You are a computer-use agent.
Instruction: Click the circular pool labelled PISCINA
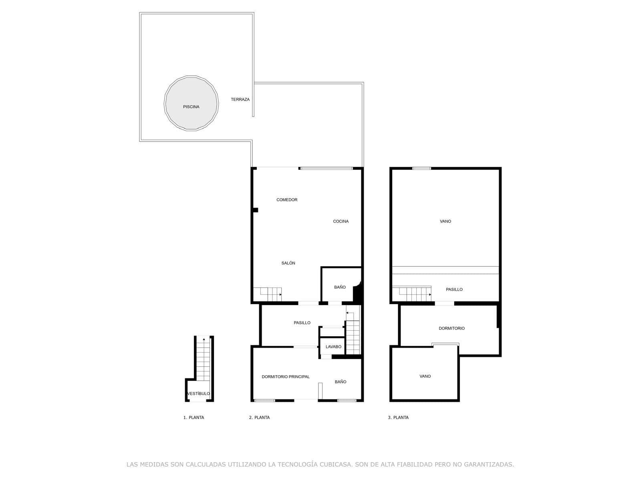tap(191, 103)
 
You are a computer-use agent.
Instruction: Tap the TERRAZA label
tap(240, 99)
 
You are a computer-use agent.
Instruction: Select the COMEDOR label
tap(287, 200)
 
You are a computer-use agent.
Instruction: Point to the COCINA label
tap(341, 221)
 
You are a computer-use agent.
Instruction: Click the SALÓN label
tap(288, 263)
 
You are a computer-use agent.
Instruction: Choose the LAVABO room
tap(333, 347)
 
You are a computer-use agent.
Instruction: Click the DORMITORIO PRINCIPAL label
tap(285, 377)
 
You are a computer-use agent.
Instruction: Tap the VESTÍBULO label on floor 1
tap(198, 394)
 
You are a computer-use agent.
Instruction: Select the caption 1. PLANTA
tap(194, 418)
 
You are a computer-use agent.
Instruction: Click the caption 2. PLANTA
tap(259, 418)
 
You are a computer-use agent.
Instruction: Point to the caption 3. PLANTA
tap(398, 418)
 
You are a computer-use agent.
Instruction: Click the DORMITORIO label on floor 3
tap(452, 328)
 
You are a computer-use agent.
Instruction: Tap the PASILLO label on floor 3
tap(454, 289)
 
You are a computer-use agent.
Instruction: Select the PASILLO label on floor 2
tap(302, 323)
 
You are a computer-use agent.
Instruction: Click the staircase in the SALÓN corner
tap(267, 294)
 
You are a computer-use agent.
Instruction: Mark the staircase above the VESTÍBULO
tap(203, 358)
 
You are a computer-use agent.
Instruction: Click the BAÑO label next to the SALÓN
tap(340, 287)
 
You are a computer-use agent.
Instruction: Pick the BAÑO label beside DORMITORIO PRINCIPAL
tap(340, 382)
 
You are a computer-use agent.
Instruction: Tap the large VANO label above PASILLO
tap(445, 221)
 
